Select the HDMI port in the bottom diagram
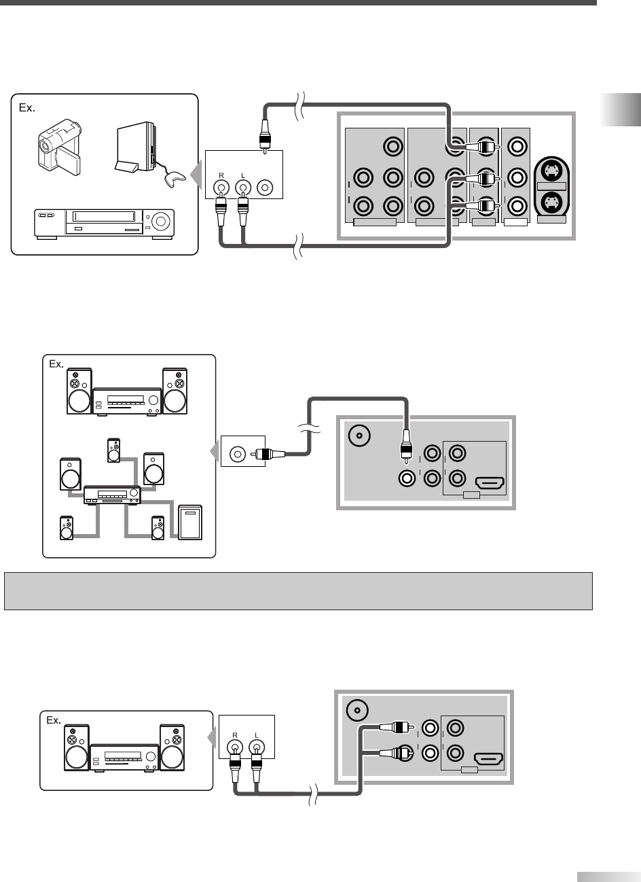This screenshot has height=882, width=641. pos(488,758)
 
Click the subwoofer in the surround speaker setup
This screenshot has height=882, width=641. pos(189,522)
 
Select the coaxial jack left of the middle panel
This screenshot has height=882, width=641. pos(238,453)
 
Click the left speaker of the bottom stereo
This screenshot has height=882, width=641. pos(75,747)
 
